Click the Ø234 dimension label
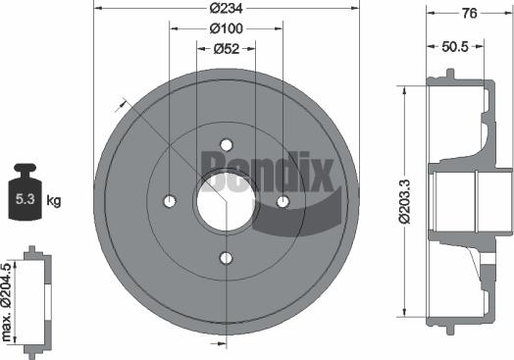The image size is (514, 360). [227, 9]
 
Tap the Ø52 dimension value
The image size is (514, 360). [227, 47]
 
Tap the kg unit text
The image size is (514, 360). [54, 201]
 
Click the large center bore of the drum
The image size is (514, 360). [227, 200]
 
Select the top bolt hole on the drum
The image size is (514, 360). [227, 143]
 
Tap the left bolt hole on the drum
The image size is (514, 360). [170, 201]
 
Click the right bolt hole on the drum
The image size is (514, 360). [283, 201]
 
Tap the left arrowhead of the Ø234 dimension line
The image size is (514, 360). [97, 9]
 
